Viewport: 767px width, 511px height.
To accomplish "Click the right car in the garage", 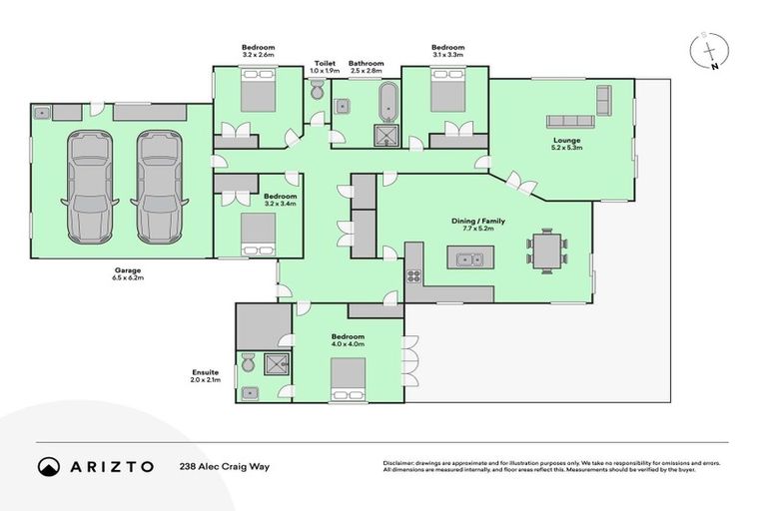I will pyautogui.click(x=162, y=187).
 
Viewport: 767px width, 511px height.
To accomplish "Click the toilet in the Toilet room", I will pyautogui.click(x=318, y=92).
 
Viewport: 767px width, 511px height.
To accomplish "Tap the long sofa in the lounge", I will pyautogui.click(x=570, y=121).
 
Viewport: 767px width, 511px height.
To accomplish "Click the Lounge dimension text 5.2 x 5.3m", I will pyautogui.click(x=567, y=149).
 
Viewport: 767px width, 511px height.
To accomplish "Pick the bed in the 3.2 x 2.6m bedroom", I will pyautogui.click(x=258, y=96).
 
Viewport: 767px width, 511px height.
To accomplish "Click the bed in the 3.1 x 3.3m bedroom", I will pyautogui.click(x=446, y=96).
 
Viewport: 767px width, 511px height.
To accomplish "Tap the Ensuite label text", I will pyautogui.click(x=205, y=372).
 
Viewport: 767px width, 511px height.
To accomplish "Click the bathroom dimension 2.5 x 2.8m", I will pyautogui.click(x=367, y=72).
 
